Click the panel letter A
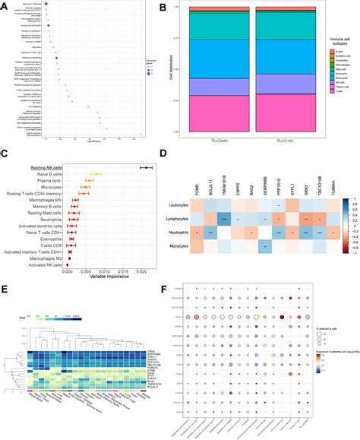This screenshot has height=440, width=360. pyautogui.click(x=5, y=6)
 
